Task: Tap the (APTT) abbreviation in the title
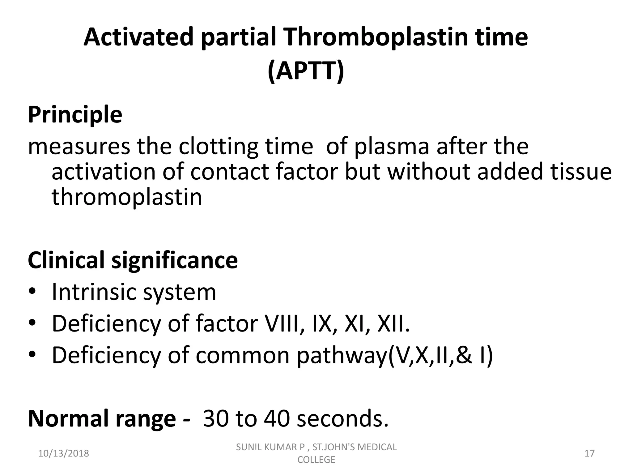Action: tap(306, 71)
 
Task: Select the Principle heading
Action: tap(75, 115)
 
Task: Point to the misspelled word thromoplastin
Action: tap(127, 197)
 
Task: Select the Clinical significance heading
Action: tap(133, 260)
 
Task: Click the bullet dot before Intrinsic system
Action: tap(32, 292)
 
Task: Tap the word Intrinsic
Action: tap(95, 292)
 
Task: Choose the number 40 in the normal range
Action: tap(277, 419)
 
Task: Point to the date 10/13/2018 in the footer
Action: tap(63, 453)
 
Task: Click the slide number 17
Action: tap(589, 453)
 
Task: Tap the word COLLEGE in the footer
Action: tap(316, 460)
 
